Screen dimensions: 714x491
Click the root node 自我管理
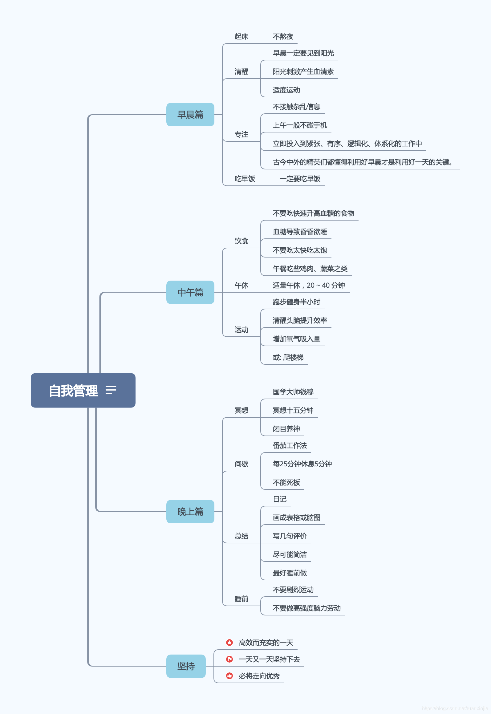pos(74,391)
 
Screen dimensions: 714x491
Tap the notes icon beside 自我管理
pos(111,390)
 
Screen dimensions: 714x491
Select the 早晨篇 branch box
pos(190,115)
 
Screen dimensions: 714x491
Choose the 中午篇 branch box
pos(190,292)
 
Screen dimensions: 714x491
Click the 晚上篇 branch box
pos(190,512)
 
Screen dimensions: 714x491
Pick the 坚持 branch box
pos(186,666)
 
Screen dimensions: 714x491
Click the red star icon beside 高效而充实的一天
pos(229,643)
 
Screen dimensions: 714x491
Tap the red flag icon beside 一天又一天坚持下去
pos(229,659)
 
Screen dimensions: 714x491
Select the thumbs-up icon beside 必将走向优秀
pos(229,676)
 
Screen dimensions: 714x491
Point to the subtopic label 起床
pos(241,37)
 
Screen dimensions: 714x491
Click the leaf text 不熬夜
pos(283,37)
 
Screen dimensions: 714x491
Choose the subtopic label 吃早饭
pos(245,179)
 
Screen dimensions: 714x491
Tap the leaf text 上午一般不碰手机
pos(300,125)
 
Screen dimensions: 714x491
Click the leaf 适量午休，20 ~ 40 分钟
pos(309,286)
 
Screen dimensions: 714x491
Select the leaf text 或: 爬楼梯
pos(288,358)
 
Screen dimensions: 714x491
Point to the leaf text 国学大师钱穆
pos(293,392)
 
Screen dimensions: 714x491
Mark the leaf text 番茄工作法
pos(290,446)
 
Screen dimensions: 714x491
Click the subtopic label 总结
pos(241,536)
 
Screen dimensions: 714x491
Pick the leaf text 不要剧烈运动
pos(293,590)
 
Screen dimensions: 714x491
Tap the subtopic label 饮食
pos(241,241)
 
